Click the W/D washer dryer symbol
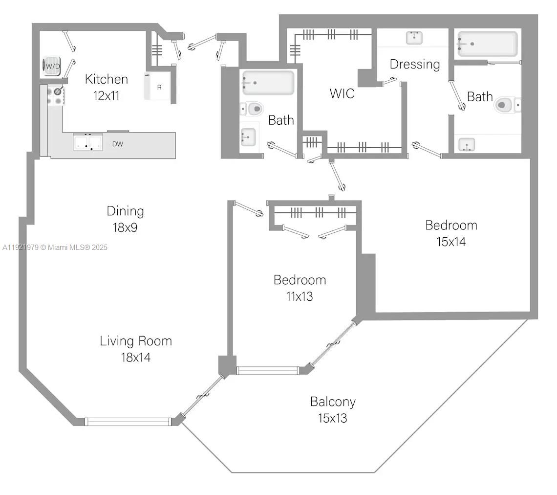click(52, 66)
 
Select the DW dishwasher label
click(117, 144)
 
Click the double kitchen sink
click(88, 142)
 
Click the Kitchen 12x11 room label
click(106, 87)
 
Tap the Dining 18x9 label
click(125, 219)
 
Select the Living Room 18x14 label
click(136, 349)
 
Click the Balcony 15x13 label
click(333, 410)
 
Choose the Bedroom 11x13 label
click(300, 288)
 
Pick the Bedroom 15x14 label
click(451, 233)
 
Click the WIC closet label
click(342, 93)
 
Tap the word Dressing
click(415, 64)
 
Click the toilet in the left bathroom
click(254, 108)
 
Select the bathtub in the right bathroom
click(487, 44)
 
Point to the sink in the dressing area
click(414, 37)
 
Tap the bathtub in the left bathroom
click(269, 83)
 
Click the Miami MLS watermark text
click(55, 247)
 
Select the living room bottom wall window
click(128, 422)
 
